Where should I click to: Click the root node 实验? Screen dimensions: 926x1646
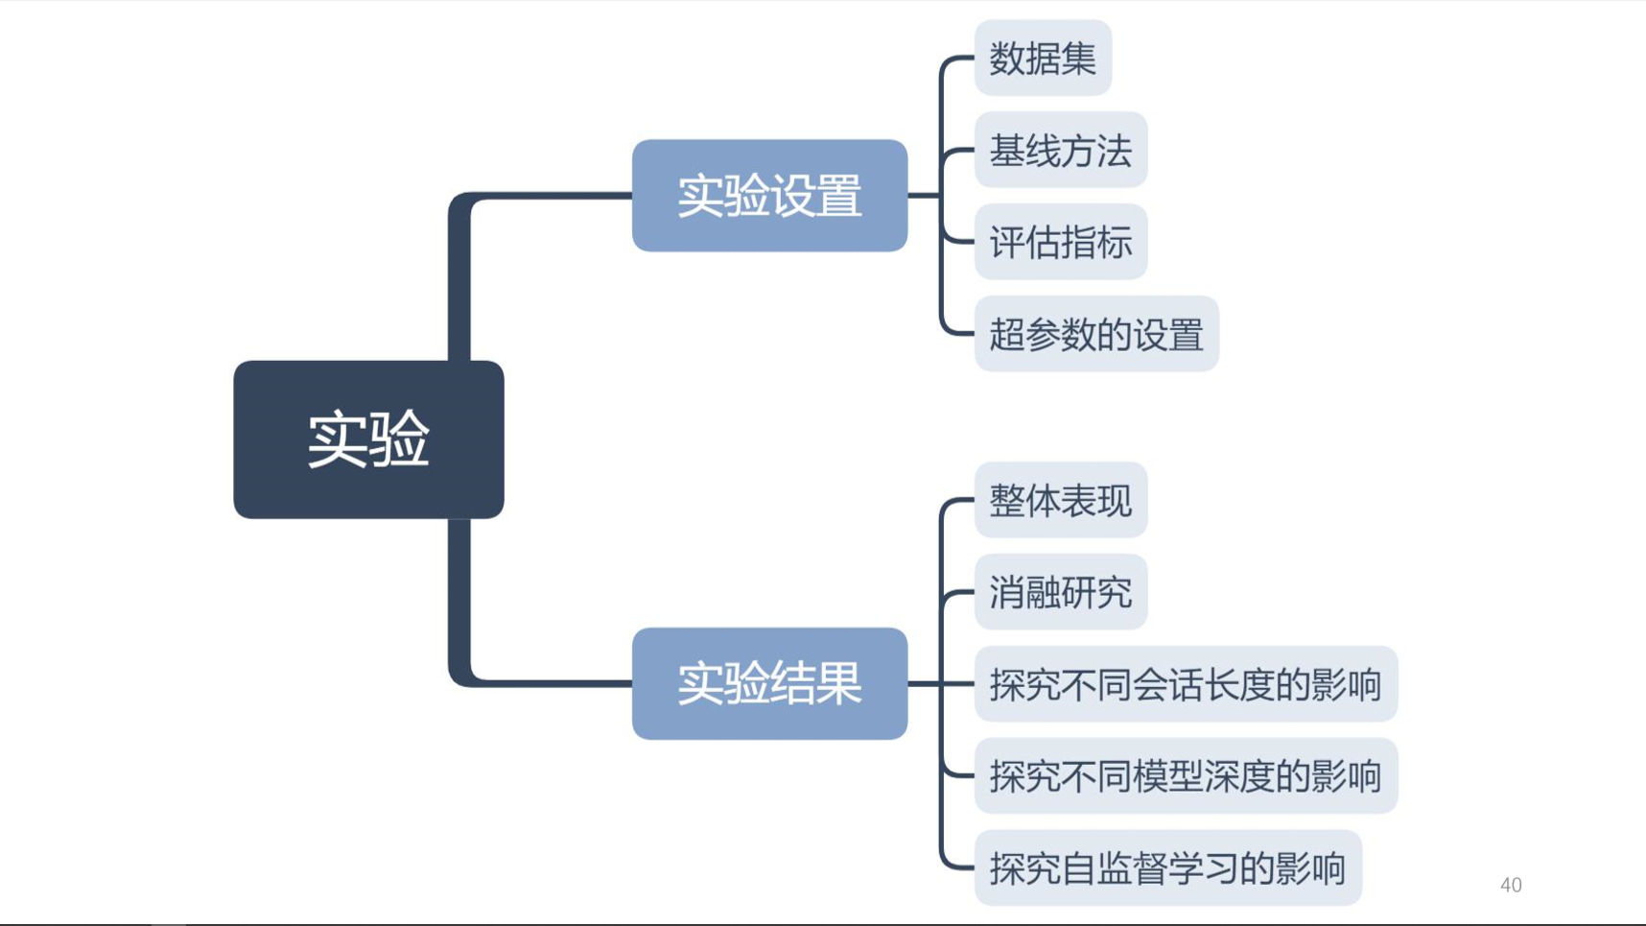click(x=368, y=439)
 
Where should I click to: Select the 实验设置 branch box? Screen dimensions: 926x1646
click(x=769, y=196)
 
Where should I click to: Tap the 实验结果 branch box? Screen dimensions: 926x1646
click(x=769, y=683)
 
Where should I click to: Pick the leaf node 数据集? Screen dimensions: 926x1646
click(x=1043, y=59)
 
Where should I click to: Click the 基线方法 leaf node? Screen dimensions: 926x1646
click(x=1060, y=151)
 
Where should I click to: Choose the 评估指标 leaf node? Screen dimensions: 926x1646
click(x=1060, y=243)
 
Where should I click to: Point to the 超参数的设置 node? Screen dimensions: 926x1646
click(x=1095, y=335)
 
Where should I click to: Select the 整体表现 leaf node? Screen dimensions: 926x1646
click(x=1060, y=500)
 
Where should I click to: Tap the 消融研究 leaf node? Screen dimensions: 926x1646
click(x=1060, y=592)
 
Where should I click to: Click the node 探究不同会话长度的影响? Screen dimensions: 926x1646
click(x=1185, y=684)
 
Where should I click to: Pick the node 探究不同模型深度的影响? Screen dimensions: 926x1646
click(x=1185, y=776)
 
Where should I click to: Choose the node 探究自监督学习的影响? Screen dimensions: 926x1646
click(x=1167, y=868)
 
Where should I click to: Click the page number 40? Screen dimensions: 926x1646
click(x=1511, y=885)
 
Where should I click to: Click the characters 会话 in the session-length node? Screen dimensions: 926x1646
click(x=1167, y=684)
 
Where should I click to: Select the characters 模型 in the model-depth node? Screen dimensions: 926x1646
click(x=1167, y=776)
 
